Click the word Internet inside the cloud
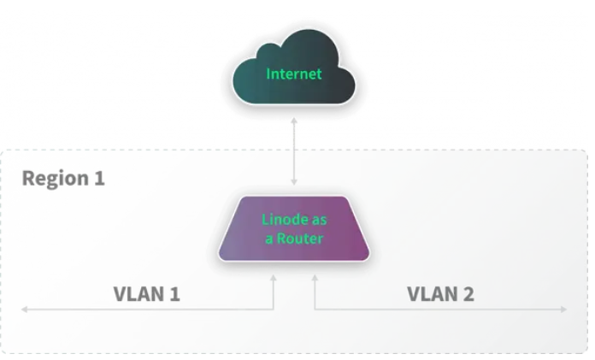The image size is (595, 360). pos(294,74)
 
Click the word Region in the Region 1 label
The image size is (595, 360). pos(51,179)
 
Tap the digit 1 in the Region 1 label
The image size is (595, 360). pos(98,179)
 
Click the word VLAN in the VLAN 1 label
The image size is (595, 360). pos(137,294)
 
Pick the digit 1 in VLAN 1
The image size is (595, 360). pos(174,294)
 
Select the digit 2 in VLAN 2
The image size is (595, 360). pos(467,294)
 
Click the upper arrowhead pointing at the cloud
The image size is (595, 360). pos(294,121)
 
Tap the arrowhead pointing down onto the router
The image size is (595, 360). pos(294,182)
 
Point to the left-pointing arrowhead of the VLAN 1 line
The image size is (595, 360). pos(27,309)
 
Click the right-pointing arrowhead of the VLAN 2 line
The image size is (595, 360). pos(562,309)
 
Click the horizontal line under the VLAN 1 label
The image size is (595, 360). pos(145,309)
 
